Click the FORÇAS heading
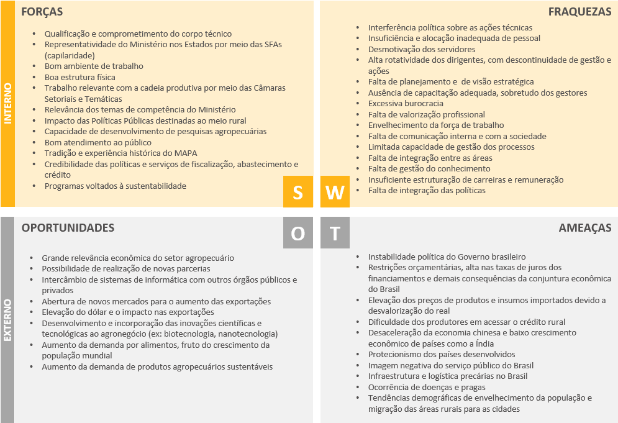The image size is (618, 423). (42, 12)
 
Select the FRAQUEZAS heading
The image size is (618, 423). (579, 12)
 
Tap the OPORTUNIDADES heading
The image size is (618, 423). (68, 228)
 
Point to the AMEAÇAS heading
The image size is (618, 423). (585, 228)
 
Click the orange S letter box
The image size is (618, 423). (298, 192)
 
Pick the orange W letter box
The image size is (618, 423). (335, 192)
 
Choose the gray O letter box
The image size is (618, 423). (298, 233)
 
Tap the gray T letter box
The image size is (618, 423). (335, 233)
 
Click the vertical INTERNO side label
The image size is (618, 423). (7, 104)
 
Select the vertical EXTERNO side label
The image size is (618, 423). (7, 320)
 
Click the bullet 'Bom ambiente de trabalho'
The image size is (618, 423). (94, 66)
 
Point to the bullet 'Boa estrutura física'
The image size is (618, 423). (80, 78)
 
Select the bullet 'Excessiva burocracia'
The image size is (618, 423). (406, 104)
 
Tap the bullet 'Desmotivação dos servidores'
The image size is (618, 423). (422, 49)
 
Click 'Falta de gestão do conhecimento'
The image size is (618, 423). (429, 169)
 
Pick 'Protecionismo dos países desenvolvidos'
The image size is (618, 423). (441, 355)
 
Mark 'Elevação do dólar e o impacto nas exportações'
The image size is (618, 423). (128, 312)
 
